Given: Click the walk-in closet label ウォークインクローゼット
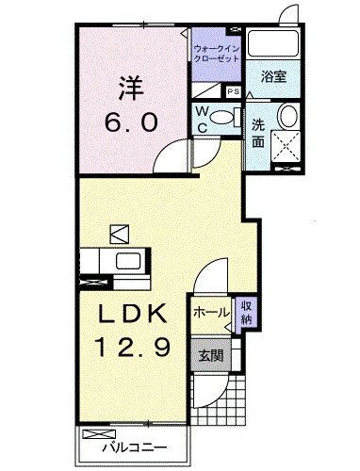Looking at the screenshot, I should click(x=219, y=52).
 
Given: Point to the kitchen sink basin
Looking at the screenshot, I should click(x=125, y=261).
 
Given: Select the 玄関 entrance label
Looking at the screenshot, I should click(x=209, y=355).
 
